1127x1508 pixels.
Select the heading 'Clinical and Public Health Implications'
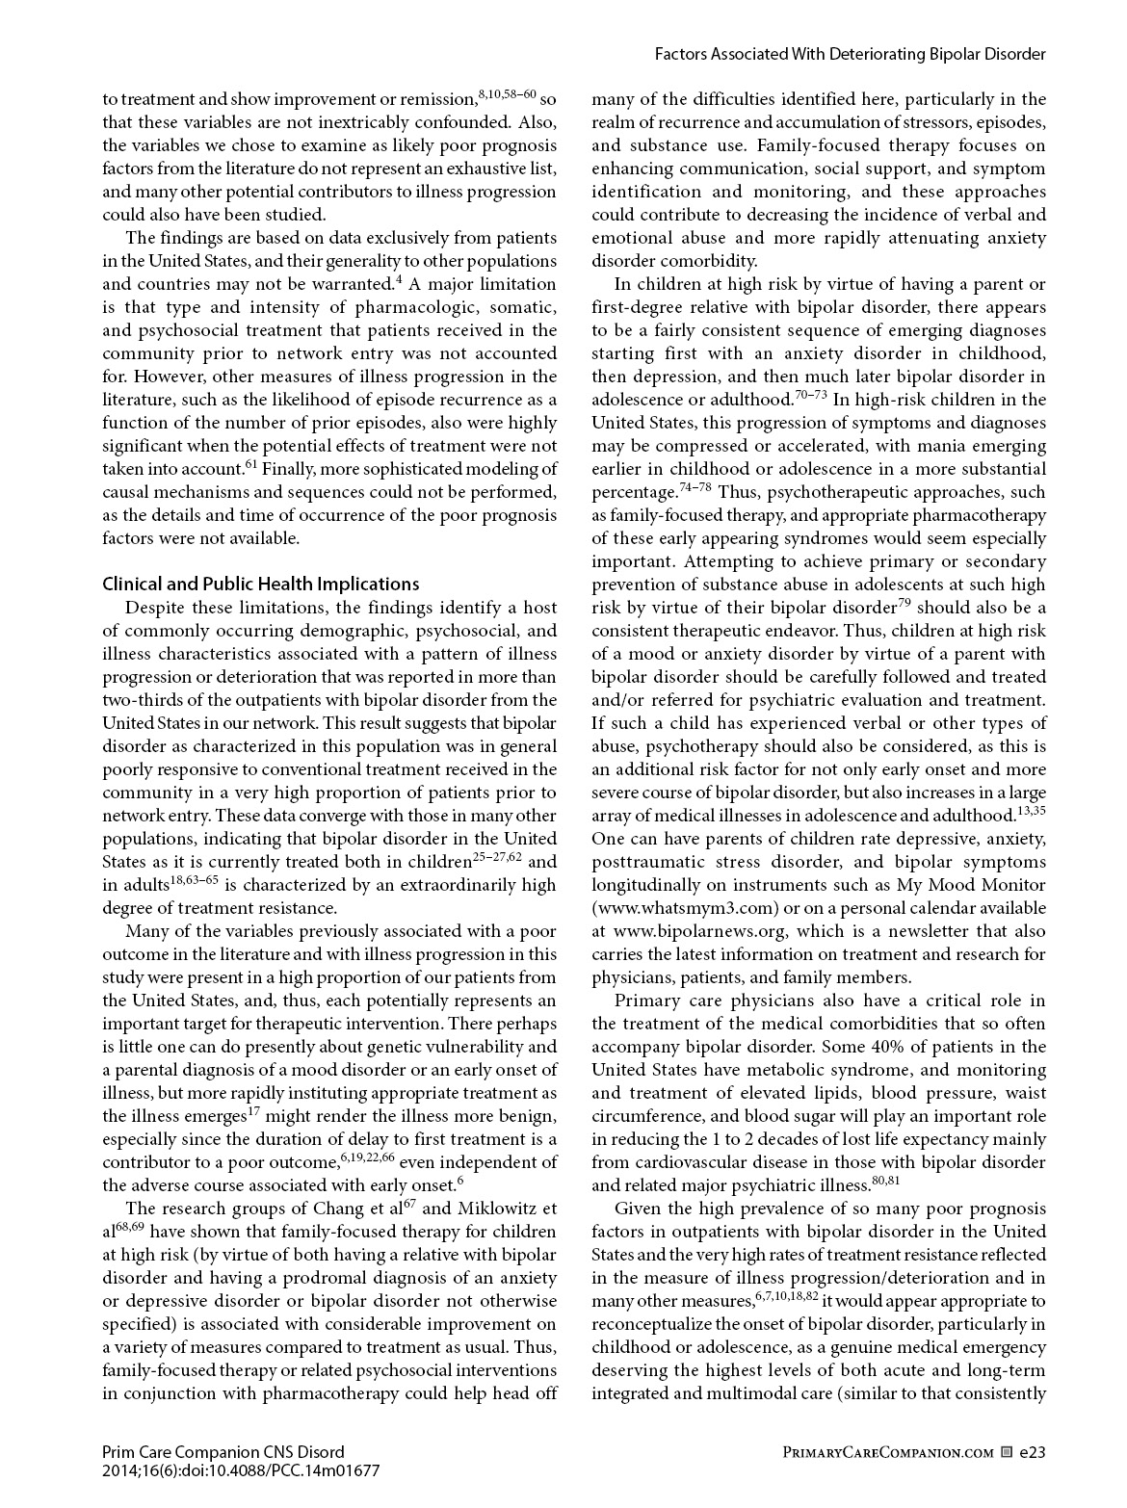(x=260, y=584)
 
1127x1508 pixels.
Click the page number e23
(x=1033, y=1451)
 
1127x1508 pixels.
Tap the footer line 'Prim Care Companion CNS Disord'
(x=223, y=1451)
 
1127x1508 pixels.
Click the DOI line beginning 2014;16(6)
(x=240, y=1470)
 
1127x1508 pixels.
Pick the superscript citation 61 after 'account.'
(x=249, y=466)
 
